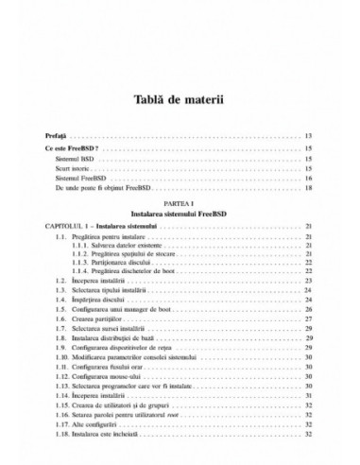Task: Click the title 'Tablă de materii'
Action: [x=179, y=100]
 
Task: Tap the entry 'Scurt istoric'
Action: [x=72, y=169]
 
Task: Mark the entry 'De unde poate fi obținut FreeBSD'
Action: [x=105, y=189]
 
